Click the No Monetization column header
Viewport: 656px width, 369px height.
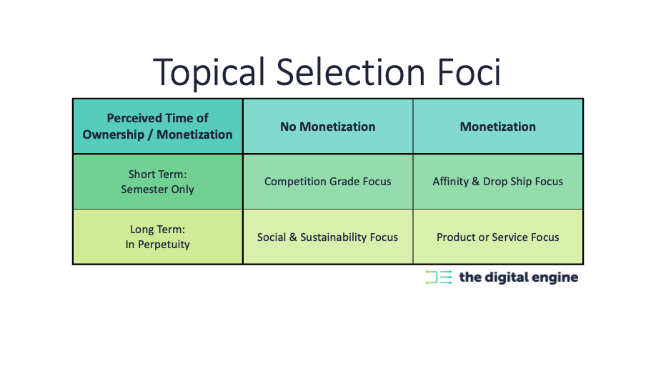click(327, 127)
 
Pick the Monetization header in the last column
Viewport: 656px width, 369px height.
click(498, 127)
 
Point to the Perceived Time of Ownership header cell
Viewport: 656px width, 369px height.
click(158, 127)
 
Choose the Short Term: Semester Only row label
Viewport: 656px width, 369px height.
click(158, 182)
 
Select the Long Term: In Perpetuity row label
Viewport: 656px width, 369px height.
click(158, 237)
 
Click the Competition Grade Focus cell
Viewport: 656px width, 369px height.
click(327, 182)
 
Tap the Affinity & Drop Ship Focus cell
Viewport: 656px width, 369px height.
click(498, 182)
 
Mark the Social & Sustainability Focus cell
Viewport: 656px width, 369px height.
click(327, 237)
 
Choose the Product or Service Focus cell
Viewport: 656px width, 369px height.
click(498, 237)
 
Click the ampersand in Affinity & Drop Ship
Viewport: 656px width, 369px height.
click(476, 182)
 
